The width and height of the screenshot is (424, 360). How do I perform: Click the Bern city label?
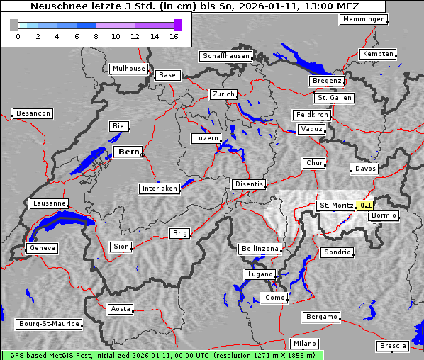click(128, 152)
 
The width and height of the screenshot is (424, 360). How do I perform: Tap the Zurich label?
click(223, 94)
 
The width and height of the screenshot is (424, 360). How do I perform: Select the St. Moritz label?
click(336, 206)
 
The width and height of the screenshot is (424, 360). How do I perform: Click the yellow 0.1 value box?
click(366, 206)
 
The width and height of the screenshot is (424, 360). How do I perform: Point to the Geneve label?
click(42, 248)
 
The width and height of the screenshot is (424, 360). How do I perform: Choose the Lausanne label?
click(50, 203)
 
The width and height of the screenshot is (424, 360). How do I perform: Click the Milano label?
click(306, 344)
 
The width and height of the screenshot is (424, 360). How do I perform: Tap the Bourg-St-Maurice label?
click(49, 324)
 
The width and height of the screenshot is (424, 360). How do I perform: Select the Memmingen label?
click(364, 19)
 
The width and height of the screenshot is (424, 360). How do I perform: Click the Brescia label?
click(393, 346)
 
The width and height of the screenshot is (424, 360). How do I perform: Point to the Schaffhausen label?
click(226, 55)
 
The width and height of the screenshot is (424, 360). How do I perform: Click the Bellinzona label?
click(260, 249)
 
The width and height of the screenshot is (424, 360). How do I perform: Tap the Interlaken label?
click(160, 189)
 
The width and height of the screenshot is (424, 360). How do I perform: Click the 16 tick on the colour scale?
click(174, 36)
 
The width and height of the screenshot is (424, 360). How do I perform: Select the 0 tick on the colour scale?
click(18, 36)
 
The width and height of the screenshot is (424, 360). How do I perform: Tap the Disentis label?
click(249, 184)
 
